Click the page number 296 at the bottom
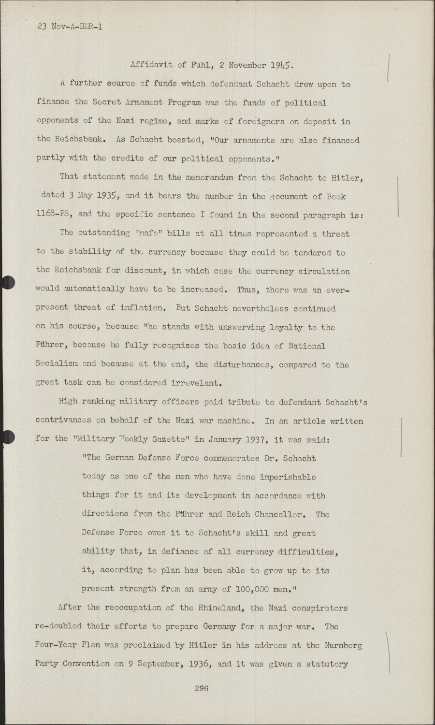pos(201,688)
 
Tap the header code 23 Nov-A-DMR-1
pos(70,27)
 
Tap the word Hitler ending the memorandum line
pos(346,178)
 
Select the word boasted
pos(184,140)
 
